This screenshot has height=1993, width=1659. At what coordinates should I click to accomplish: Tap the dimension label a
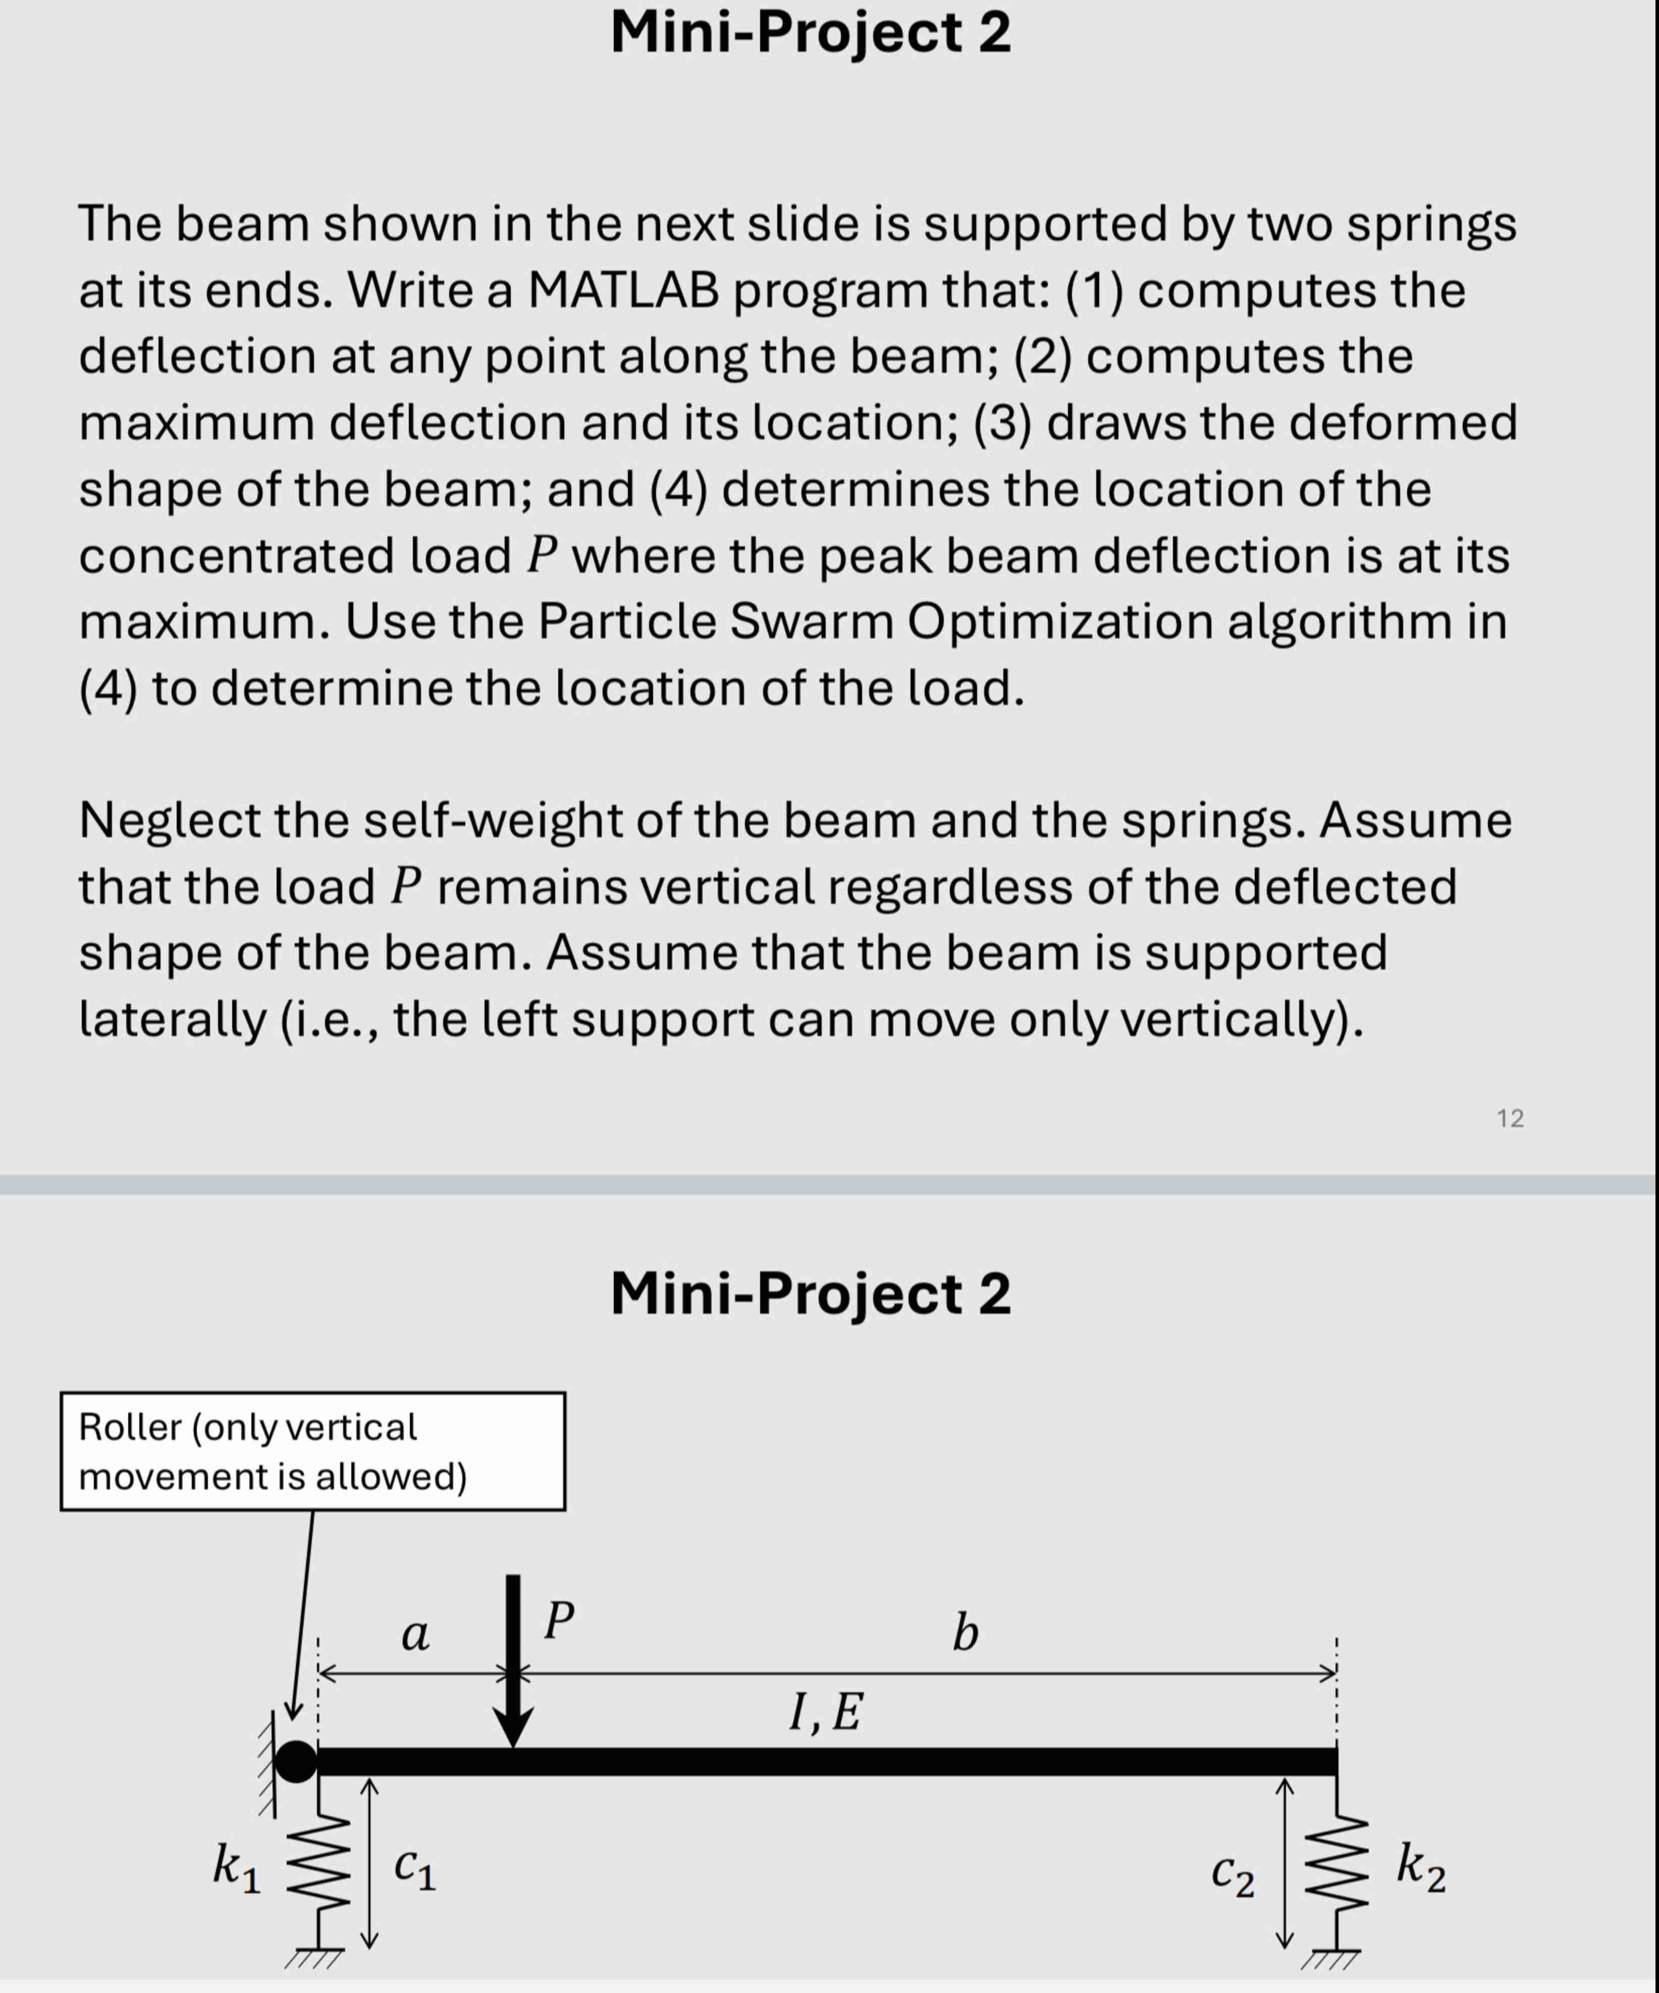415,1634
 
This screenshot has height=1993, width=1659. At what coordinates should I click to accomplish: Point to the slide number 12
1510,1118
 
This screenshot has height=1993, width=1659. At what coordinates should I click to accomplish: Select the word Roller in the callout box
130,1427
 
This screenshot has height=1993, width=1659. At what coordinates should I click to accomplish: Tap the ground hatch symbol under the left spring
313,1957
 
